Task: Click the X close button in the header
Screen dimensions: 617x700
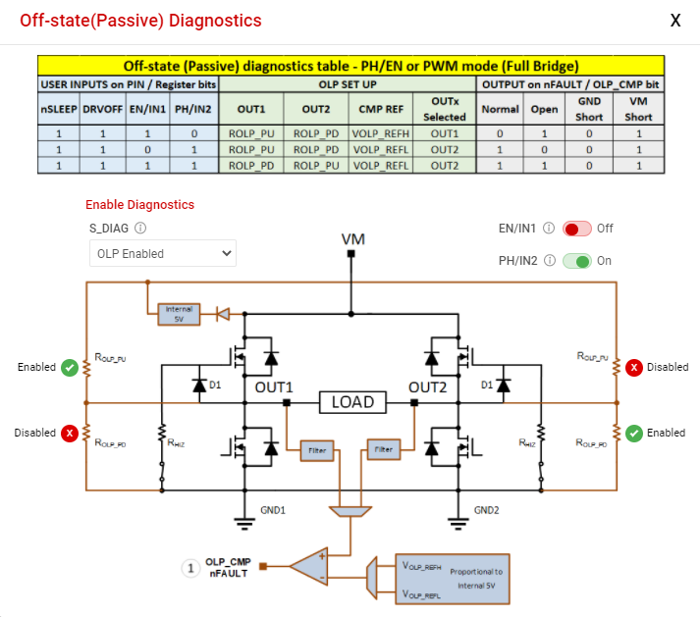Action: pyautogui.click(x=675, y=21)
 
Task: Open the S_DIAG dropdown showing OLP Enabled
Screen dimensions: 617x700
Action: pyautogui.click(x=161, y=253)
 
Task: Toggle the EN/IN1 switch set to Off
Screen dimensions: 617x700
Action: pyautogui.click(x=576, y=229)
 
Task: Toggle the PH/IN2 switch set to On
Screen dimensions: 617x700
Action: pyautogui.click(x=576, y=261)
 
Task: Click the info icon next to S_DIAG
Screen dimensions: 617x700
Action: pyautogui.click(x=140, y=229)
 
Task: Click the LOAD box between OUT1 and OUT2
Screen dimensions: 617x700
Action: pyautogui.click(x=351, y=402)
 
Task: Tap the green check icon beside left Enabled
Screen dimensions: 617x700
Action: pyautogui.click(x=69, y=368)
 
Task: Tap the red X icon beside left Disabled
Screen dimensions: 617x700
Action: pyautogui.click(x=69, y=433)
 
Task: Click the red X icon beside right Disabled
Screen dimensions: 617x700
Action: pyautogui.click(x=634, y=368)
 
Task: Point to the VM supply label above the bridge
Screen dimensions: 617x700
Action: pyautogui.click(x=351, y=239)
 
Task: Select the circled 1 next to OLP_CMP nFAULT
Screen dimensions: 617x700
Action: pyautogui.click(x=191, y=567)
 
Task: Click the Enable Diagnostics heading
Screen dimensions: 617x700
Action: pyautogui.click(x=139, y=205)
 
